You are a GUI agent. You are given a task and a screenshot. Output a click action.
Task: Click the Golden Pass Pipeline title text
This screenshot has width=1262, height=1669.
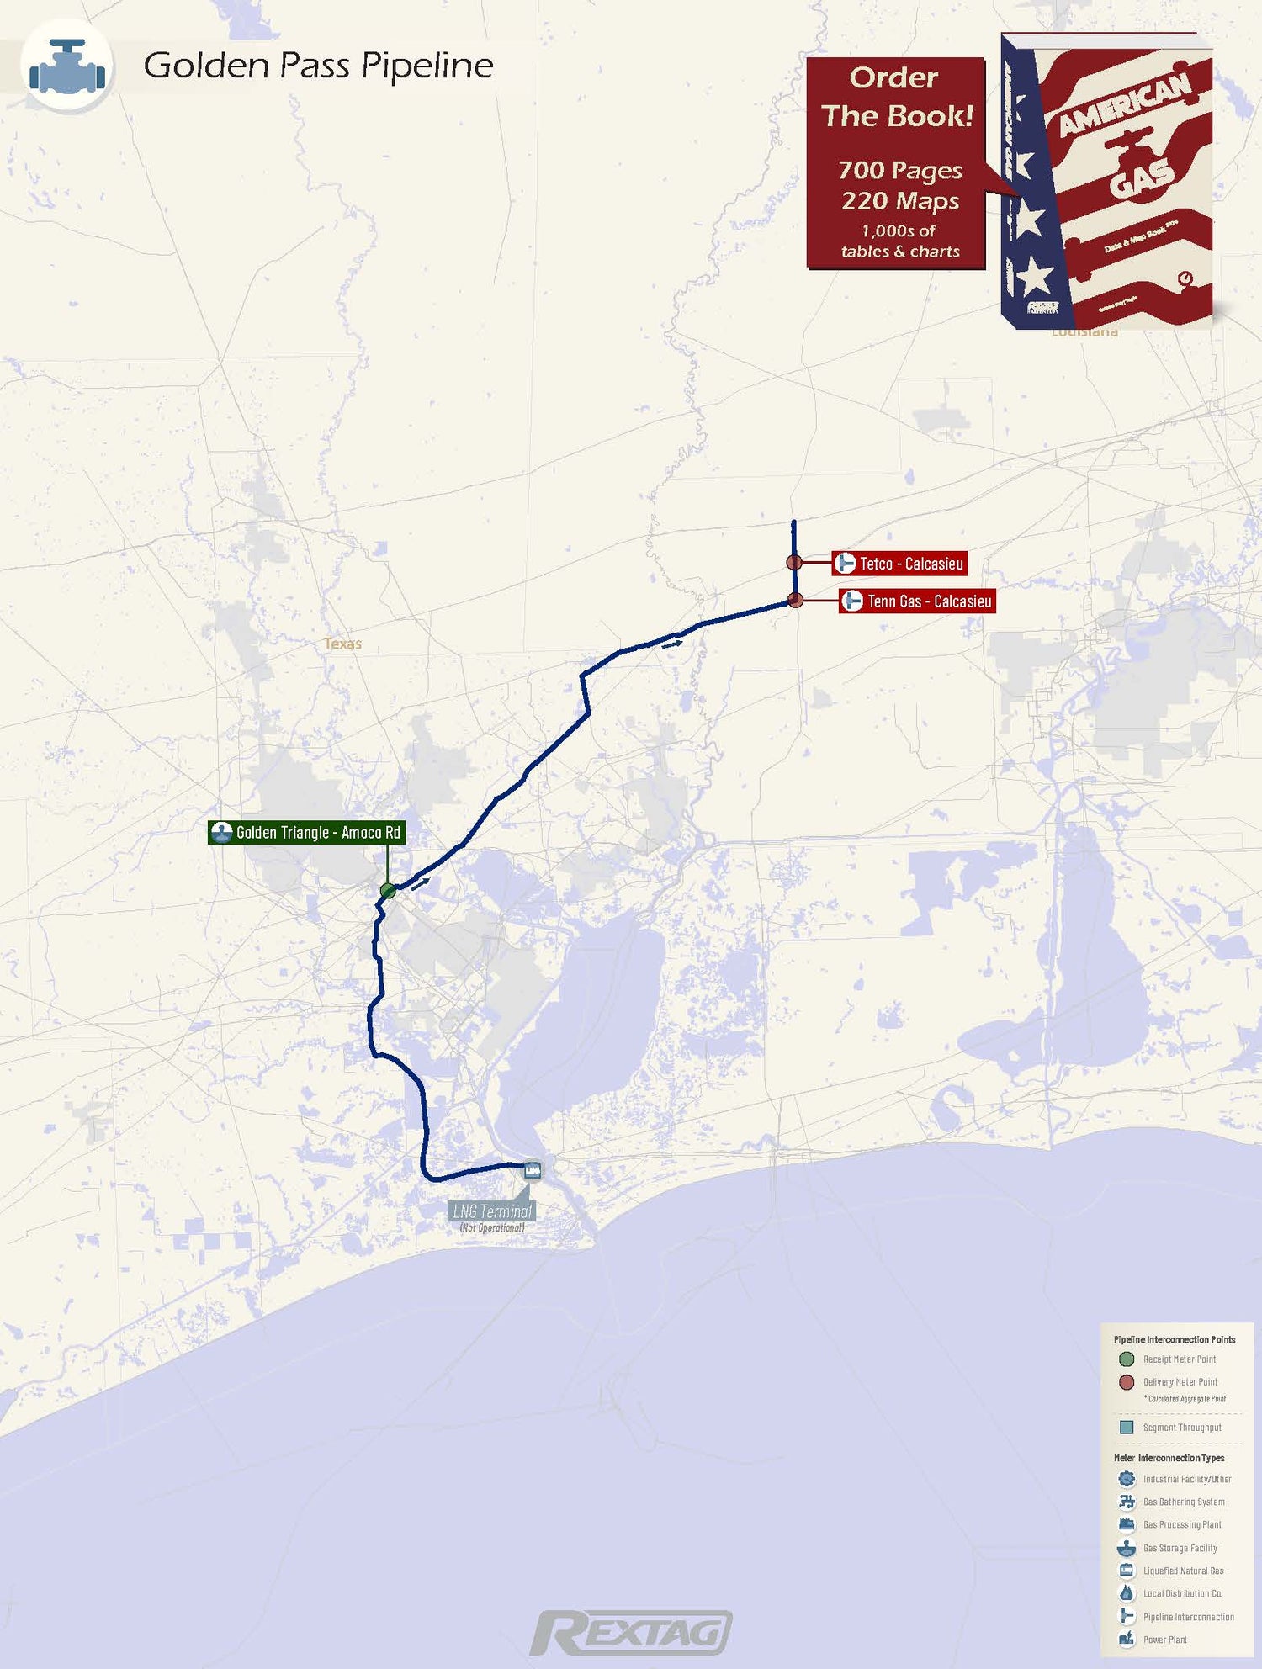tap(318, 66)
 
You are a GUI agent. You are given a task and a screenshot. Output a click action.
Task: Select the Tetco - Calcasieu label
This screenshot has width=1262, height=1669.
tap(899, 564)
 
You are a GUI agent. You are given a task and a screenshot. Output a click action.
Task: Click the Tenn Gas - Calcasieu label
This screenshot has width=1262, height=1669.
tap(917, 601)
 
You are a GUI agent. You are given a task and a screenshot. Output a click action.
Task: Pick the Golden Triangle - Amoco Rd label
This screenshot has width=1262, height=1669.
tap(307, 833)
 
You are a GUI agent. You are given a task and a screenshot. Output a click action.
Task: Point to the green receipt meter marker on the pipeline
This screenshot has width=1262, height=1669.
tap(388, 890)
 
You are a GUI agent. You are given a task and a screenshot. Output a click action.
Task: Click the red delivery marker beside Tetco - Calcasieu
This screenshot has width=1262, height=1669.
tap(793, 562)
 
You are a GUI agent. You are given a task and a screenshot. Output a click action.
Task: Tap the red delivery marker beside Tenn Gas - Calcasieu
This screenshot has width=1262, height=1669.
tap(795, 600)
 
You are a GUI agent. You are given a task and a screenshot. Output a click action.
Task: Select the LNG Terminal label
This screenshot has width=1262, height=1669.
tap(492, 1211)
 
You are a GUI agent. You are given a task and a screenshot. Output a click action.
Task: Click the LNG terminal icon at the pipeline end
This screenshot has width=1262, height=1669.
tap(533, 1170)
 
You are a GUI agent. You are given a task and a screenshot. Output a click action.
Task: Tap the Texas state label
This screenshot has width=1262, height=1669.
tap(342, 644)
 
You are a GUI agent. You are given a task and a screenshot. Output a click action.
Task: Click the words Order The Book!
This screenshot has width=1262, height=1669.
tap(896, 97)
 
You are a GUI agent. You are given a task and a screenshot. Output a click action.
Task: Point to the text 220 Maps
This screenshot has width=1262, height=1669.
tap(900, 201)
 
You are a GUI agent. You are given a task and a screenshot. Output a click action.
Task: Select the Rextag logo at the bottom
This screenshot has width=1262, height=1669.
tap(631, 1633)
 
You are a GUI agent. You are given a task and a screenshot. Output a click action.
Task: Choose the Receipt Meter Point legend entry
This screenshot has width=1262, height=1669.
tap(1178, 1359)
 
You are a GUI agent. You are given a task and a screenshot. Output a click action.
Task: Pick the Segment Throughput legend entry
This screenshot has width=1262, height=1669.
tap(1180, 1428)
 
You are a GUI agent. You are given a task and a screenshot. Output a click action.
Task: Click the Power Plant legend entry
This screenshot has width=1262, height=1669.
tap(1164, 1640)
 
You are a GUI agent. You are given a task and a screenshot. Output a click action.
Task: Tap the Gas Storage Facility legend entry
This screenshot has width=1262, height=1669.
tap(1179, 1548)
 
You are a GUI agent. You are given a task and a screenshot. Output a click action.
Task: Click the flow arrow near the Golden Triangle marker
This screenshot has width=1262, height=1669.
tap(421, 882)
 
